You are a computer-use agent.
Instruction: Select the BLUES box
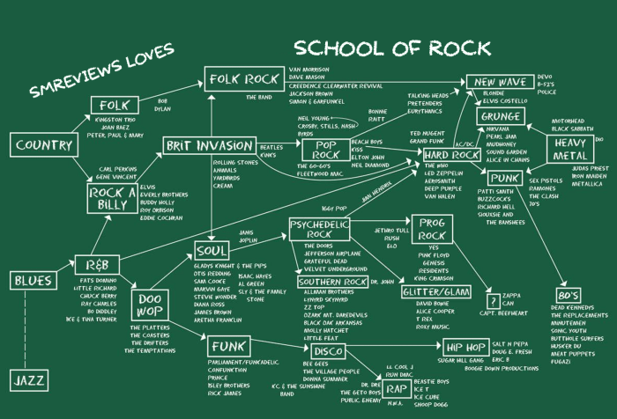(x=33, y=281)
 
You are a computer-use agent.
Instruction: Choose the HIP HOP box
(x=460, y=347)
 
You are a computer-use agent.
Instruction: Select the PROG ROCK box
(x=431, y=230)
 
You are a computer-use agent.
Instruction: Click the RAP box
(x=397, y=388)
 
